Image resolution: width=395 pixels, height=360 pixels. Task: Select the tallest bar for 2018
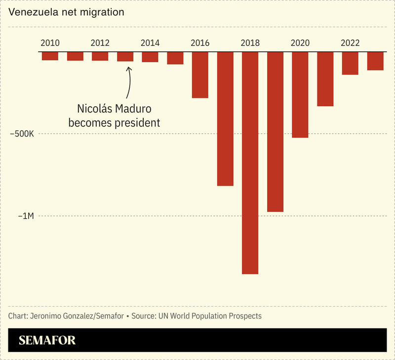pyautogui.click(x=250, y=163)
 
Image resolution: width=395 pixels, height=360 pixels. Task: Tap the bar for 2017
pyautogui.click(x=225, y=119)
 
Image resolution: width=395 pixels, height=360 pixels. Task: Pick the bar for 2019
pyautogui.click(x=275, y=132)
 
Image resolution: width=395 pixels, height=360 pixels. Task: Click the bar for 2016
pyautogui.click(x=200, y=75)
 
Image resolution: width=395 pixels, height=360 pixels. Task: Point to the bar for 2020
pyautogui.click(x=300, y=95)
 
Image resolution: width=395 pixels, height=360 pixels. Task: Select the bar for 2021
pyautogui.click(x=325, y=79)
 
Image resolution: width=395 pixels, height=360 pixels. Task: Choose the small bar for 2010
pyautogui.click(x=50, y=56)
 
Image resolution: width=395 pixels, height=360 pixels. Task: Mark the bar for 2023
pyautogui.click(x=375, y=61)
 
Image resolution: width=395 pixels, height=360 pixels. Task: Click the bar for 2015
pyautogui.click(x=175, y=58)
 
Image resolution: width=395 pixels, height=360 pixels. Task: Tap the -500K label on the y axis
pyautogui.click(x=23, y=134)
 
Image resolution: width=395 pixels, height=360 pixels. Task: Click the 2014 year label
pyautogui.click(x=150, y=43)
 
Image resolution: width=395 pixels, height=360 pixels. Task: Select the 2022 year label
pyautogui.click(x=350, y=43)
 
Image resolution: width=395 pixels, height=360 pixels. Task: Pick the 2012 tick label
pyautogui.click(x=100, y=43)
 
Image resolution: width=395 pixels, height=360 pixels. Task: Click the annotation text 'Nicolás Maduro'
pyautogui.click(x=114, y=108)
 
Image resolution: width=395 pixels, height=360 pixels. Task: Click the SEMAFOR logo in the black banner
pyautogui.click(x=47, y=340)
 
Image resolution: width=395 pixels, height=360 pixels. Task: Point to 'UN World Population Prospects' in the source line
pyautogui.click(x=210, y=316)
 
